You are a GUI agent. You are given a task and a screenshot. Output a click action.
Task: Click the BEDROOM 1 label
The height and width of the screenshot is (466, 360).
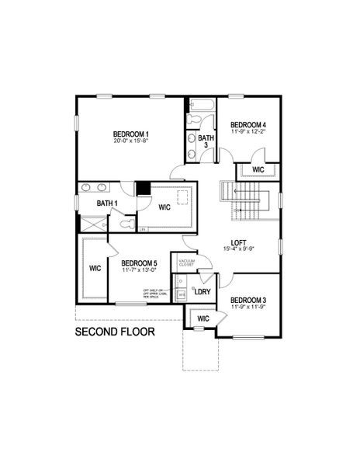(131, 134)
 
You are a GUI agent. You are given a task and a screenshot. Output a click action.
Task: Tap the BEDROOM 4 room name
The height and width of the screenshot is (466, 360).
(248, 124)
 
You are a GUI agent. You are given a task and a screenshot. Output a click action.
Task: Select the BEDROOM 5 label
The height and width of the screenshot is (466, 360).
(139, 264)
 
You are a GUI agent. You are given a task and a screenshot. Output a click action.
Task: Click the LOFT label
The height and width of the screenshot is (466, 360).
(240, 242)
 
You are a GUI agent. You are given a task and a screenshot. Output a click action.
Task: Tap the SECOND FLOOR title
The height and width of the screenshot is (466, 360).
(115, 332)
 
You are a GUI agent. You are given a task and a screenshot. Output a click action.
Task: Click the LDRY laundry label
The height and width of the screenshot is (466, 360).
(202, 292)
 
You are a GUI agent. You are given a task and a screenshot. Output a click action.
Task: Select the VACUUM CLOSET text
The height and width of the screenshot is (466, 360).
(187, 263)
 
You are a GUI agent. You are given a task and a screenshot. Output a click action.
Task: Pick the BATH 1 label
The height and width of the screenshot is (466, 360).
(107, 203)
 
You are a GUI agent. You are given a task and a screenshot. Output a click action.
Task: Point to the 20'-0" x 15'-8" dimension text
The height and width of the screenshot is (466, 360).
(131, 141)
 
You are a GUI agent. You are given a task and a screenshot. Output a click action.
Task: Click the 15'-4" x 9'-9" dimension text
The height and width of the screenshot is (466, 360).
(240, 249)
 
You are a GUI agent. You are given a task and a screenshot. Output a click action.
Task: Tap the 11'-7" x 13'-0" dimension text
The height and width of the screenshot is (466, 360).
(139, 272)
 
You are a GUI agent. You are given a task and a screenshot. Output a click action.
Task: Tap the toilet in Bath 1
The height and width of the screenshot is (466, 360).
(127, 224)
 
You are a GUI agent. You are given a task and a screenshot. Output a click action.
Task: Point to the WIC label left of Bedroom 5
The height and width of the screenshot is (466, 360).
(95, 269)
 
